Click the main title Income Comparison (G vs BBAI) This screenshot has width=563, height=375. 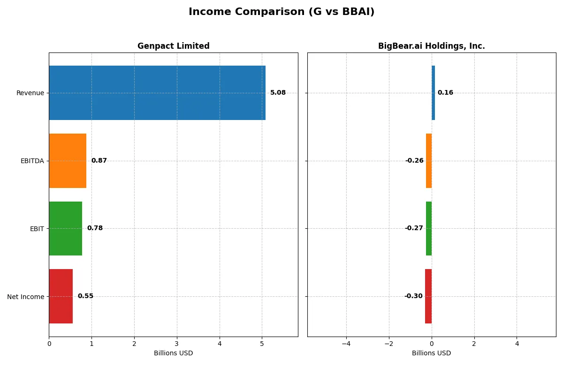point(281,12)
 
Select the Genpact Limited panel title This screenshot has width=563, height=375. point(173,46)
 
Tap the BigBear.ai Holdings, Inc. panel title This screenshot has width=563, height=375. point(431,46)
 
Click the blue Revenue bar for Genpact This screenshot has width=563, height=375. point(157,93)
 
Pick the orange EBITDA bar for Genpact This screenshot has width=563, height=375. point(68,161)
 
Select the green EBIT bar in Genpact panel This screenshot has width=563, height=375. point(65,228)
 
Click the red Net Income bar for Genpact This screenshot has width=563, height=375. point(61,296)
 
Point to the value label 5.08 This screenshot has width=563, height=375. point(278,93)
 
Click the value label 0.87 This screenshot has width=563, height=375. point(99,161)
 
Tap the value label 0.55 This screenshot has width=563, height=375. point(85,296)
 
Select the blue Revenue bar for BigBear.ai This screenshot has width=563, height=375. point(433,93)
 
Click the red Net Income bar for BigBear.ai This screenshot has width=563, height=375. point(428,296)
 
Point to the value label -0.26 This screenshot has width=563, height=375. point(414,161)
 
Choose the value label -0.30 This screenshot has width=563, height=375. point(413,296)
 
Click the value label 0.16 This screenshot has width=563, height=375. point(445,93)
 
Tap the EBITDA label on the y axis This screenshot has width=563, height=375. point(32,161)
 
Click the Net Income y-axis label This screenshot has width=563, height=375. point(26,296)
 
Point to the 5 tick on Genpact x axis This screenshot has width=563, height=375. point(262,344)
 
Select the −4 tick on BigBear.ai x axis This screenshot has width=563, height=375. point(346,344)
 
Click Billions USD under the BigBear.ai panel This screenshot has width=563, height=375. point(431,353)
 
